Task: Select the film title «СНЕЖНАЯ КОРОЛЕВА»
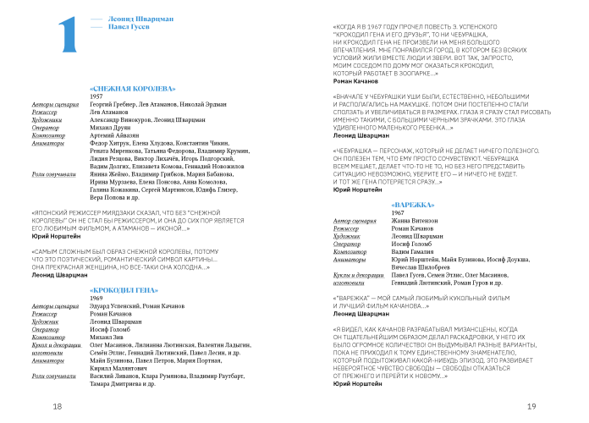(x=132, y=88)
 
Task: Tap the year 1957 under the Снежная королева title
(x=96, y=97)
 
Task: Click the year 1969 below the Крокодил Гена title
(x=96, y=298)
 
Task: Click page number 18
(x=58, y=407)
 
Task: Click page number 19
(x=531, y=407)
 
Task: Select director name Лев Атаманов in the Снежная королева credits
(x=114, y=112)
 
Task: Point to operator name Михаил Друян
(x=113, y=127)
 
